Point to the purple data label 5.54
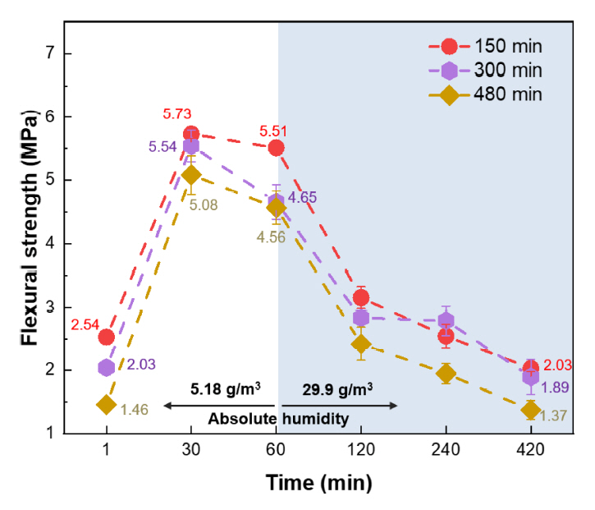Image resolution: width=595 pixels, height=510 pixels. (163, 147)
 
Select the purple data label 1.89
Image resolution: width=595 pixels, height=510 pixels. (561, 387)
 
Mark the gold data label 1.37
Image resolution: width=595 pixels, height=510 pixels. (561, 416)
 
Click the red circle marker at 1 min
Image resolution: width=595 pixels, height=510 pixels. (106, 337)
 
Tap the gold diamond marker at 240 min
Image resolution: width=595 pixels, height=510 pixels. (446, 374)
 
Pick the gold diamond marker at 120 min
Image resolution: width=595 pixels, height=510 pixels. (361, 344)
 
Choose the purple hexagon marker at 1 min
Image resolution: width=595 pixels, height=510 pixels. (106, 367)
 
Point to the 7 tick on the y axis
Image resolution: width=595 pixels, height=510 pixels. (61, 53)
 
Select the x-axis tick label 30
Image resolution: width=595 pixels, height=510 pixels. (190, 451)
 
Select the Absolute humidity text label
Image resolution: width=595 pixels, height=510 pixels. (278, 419)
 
